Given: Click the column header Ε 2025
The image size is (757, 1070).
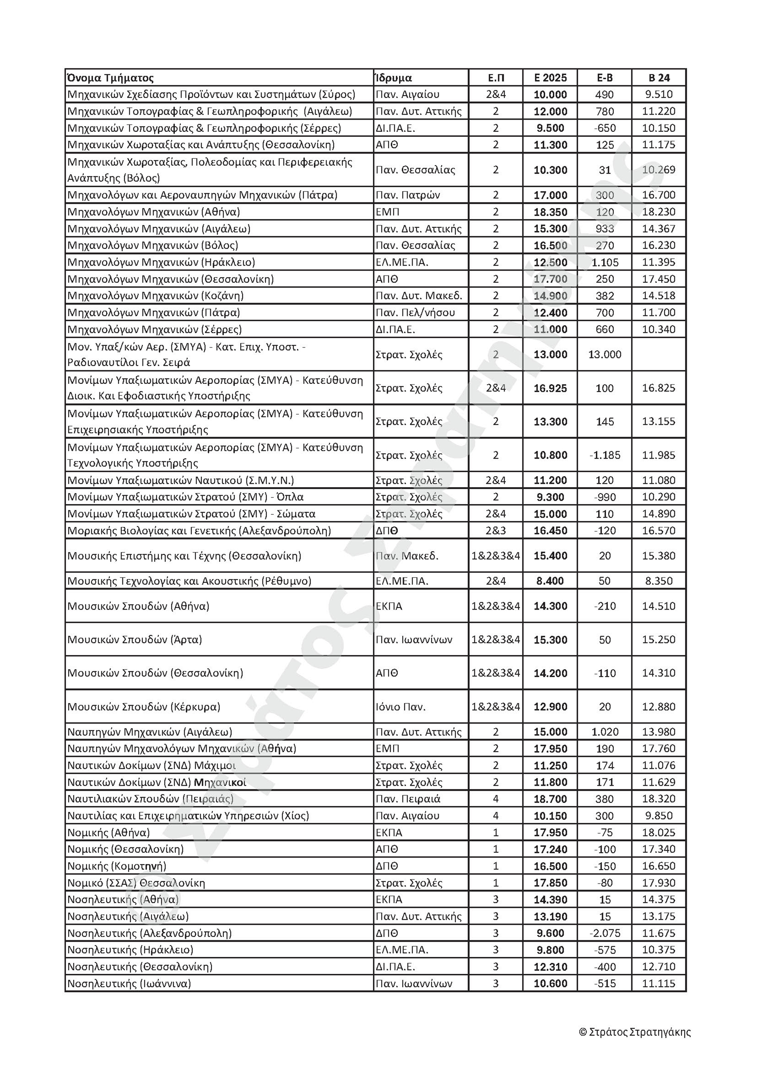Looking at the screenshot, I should coord(550,78).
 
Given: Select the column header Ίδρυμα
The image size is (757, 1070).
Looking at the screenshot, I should coord(394,78).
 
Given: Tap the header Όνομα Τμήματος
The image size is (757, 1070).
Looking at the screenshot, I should coord(111,78).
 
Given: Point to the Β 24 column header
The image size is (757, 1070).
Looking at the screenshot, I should coord(659,78).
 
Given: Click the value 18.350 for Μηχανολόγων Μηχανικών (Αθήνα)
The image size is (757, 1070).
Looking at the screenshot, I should coord(550,212).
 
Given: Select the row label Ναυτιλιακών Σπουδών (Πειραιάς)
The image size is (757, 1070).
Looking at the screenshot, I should coord(151,799).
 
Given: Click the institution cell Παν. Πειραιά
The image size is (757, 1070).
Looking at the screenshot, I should coord(408,799).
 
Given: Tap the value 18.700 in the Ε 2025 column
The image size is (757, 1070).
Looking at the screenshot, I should coord(550,799).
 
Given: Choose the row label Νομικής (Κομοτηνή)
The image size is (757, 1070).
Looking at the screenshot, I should coord(117,866).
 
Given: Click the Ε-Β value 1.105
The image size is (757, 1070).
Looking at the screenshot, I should coord(604,262).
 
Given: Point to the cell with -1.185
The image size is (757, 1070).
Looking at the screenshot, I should coord(604,455).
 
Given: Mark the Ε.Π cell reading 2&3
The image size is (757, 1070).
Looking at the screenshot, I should coord(496,531).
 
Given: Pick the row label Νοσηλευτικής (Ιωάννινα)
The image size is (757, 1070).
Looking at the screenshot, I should coord(129,984).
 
